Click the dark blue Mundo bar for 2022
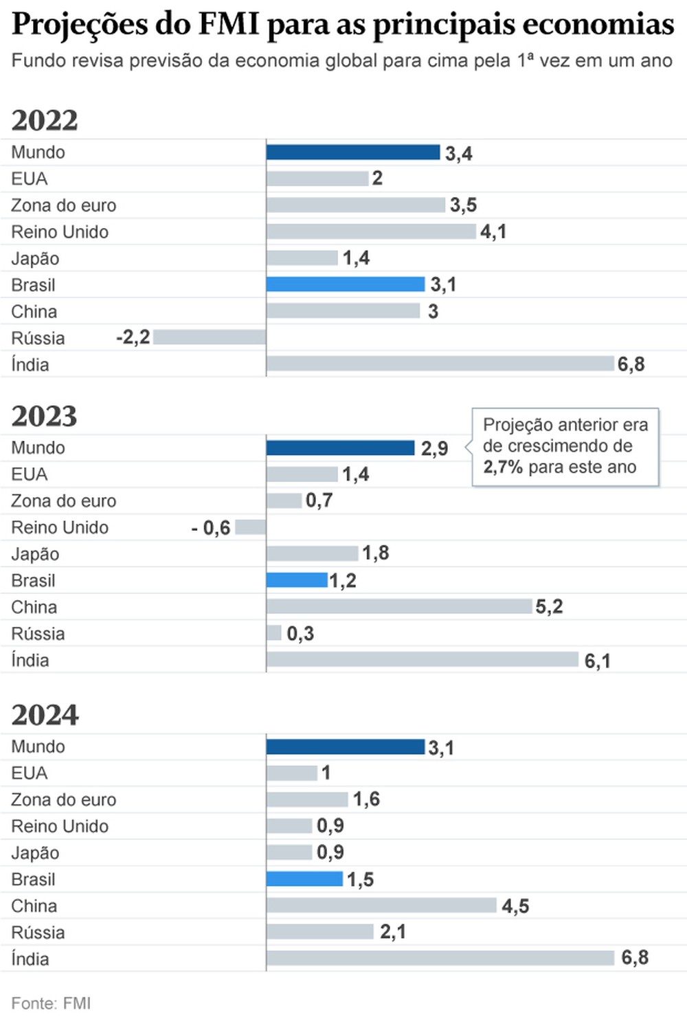[353, 152]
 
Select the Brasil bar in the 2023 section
[297, 580]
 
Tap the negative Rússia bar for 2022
[210, 337]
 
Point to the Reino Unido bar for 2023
[250, 527]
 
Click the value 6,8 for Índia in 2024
[635, 958]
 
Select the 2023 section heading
[45, 416]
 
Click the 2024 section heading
[45, 715]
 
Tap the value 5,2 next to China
[549, 606]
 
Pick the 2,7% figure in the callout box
[503, 468]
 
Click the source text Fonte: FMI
[51, 1003]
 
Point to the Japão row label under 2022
[35, 259]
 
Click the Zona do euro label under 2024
[64, 800]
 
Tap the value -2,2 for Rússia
[133, 337]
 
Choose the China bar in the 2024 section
[381, 905]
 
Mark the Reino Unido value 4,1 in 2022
[493, 232]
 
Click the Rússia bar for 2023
[274, 633]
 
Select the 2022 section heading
[45, 120]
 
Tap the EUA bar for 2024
[292, 773]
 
